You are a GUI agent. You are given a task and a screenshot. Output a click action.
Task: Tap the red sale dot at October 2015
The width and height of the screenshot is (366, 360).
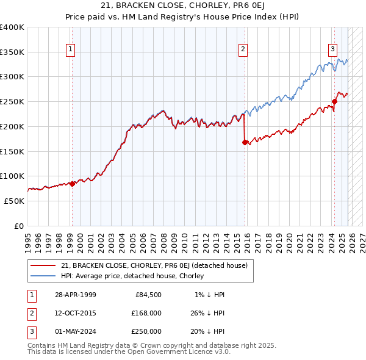(245, 142)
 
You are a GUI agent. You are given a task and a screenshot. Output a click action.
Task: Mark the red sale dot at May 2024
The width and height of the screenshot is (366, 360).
(334, 101)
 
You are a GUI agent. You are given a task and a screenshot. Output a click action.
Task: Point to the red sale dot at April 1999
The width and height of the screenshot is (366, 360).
(72, 183)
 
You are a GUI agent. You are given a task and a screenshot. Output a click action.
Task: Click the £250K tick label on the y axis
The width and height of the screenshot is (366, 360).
(12, 102)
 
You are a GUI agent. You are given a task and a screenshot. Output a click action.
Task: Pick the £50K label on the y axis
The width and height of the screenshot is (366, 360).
(14, 201)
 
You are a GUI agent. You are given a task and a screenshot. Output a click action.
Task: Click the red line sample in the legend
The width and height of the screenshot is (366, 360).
(43, 265)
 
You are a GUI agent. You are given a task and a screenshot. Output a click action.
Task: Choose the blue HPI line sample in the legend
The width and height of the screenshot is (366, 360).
(43, 276)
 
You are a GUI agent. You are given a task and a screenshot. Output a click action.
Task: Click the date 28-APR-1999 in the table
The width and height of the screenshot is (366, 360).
(75, 295)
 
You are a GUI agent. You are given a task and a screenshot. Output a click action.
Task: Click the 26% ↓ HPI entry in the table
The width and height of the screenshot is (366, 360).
(207, 313)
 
